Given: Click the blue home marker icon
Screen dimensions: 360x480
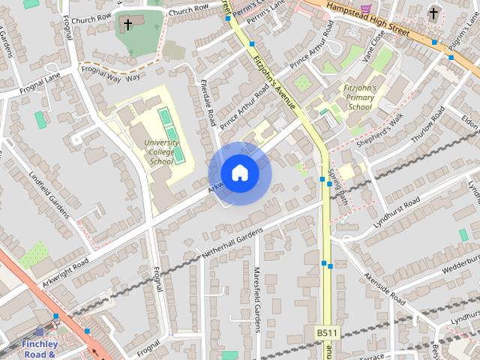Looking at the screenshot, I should click(x=239, y=173).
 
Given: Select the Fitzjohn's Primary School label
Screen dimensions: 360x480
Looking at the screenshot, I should click(x=358, y=97).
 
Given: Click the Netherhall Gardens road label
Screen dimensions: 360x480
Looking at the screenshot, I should click(x=229, y=244).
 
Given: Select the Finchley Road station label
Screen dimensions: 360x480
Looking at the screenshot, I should click(x=40, y=348).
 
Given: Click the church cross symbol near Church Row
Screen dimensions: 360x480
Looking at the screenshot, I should click(x=127, y=25).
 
